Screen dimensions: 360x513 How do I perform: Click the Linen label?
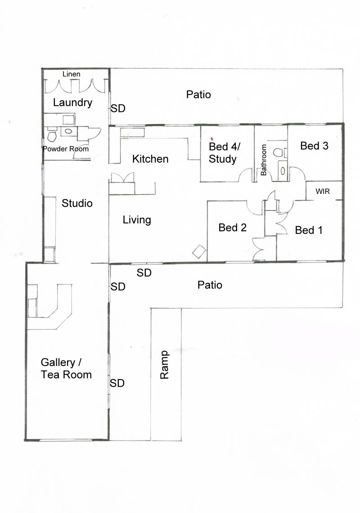[72, 74]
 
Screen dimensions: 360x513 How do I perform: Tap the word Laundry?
[73, 103]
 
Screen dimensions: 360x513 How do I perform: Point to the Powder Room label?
[66, 149]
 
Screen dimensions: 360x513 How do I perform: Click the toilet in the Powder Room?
[52, 134]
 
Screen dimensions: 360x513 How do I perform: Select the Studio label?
[77, 203]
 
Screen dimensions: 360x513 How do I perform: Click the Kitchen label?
[150, 159]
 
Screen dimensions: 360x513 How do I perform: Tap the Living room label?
[137, 220]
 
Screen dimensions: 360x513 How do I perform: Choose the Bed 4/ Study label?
[225, 152]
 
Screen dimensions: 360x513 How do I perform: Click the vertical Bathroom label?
[264, 160]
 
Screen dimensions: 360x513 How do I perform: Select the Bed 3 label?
[314, 146]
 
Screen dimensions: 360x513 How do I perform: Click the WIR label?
[323, 192]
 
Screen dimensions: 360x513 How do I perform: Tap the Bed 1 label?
[309, 230]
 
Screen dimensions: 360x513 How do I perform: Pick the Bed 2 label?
[232, 228]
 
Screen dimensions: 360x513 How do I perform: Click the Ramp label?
[164, 365]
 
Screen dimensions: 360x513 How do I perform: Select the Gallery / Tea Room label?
[66, 368]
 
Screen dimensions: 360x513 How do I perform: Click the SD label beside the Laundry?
[118, 108]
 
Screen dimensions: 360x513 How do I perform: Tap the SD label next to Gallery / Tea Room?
[117, 383]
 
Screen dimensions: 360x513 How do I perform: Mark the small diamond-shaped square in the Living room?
[199, 252]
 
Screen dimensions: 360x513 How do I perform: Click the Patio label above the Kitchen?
[198, 94]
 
